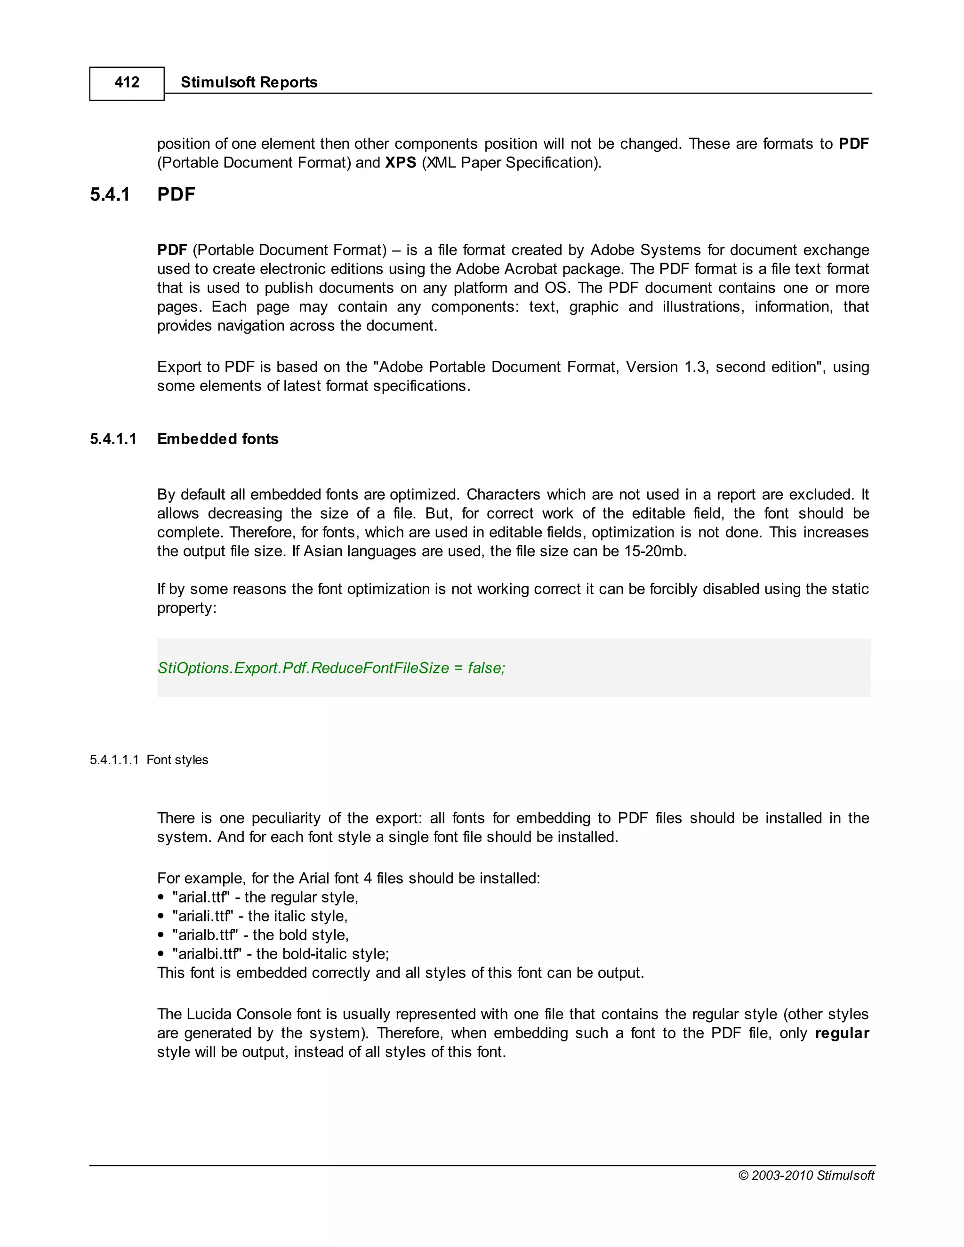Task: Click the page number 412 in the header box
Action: point(126,82)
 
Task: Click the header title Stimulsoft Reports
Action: point(249,82)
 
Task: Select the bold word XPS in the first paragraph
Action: point(401,163)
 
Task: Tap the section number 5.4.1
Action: point(110,195)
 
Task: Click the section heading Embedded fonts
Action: point(217,439)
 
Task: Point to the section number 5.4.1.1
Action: point(113,439)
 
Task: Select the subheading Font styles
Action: point(177,760)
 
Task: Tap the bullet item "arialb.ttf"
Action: point(204,935)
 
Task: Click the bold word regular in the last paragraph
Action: point(842,1033)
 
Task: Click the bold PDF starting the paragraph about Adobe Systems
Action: point(172,250)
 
